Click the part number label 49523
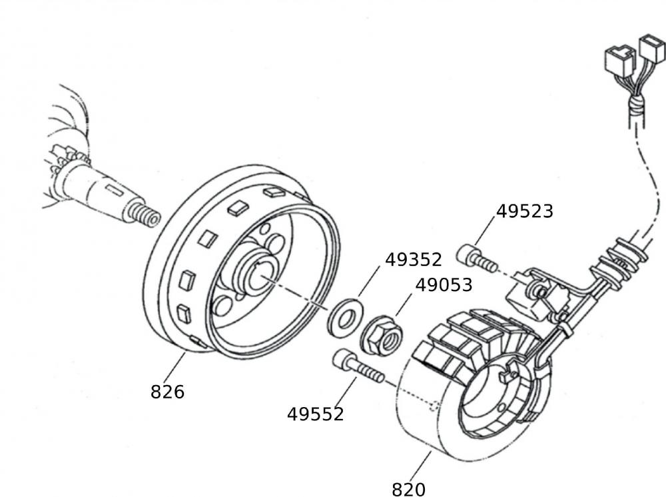(525, 211)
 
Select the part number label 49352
(414, 259)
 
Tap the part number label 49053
(444, 284)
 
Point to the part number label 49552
(315, 414)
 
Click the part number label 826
(167, 392)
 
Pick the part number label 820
(408, 489)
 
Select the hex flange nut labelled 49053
(382, 336)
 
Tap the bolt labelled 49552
(358, 366)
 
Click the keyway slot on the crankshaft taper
(115, 189)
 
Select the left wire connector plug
(619, 61)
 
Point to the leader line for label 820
(420, 466)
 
